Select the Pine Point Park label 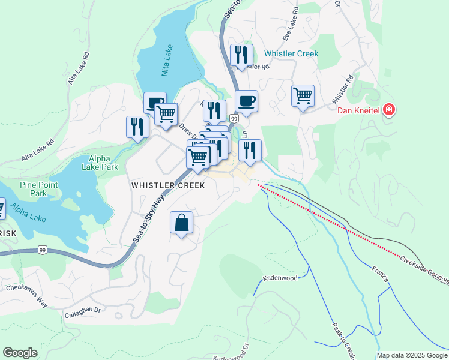pyautogui.click(x=38, y=189)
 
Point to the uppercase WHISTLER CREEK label pyautogui.click(x=168, y=186)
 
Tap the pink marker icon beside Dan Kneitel pyautogui.click(x=389, y=110)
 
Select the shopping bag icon pyautogui.click(x=181, y=223)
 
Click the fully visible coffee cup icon pyautogui.click(x=246, y=101)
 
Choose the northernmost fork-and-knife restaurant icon pyautogui.click(x=241, y=55)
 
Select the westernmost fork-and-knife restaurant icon pyautogui.click(x=137, y=127)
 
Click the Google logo pyautogui.click(x=20, y=353)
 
